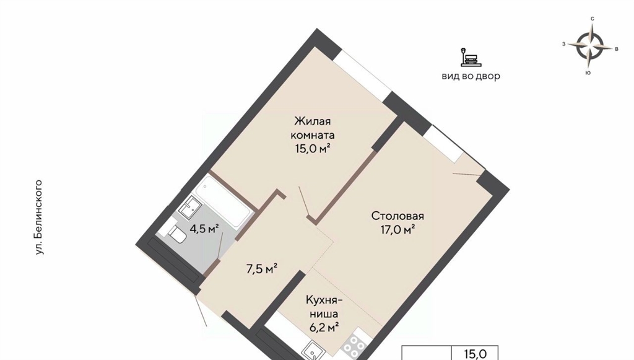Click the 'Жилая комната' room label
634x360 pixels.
[313, 128]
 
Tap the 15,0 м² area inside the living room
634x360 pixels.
[313, 149]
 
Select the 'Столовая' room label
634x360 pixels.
[397, 216]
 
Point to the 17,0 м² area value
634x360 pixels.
[397, 230]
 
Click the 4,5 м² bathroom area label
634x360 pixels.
[204, 229]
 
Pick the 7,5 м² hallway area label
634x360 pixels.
[262, 268]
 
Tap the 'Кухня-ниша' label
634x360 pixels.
[324, 307]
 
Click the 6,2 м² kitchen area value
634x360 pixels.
[324, 327]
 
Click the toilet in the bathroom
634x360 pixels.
[176, 234]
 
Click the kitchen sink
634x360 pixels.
[313, 351]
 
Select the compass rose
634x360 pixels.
[589, 45]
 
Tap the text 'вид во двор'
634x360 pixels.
[471, 76]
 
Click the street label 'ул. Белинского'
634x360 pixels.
[39, 217]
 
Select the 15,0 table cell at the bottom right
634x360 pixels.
[475, 353]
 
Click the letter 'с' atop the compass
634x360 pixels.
[593, 19]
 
